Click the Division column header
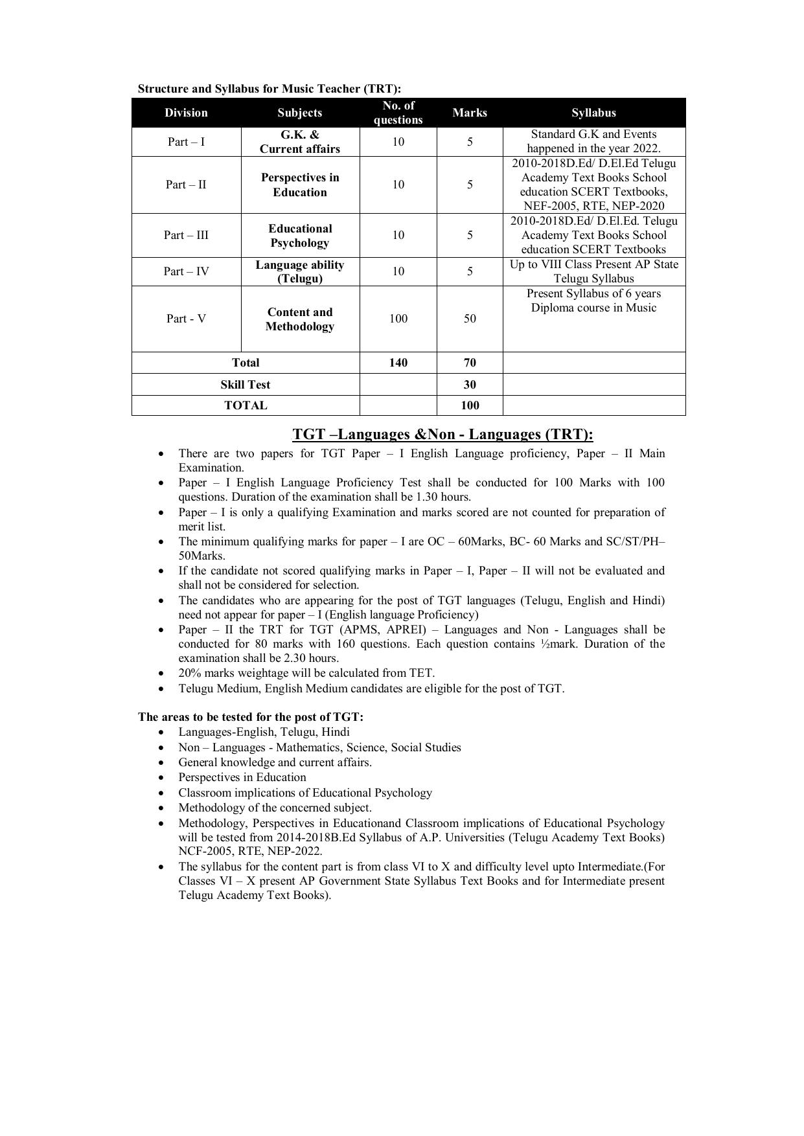[x=186, y=113]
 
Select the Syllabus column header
[x=593, y=113]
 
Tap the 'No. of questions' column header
[x=398, y=113]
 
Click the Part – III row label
[x=186, y=235]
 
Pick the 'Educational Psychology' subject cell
[x=300, y=236]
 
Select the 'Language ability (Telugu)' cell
[x=300, y=271]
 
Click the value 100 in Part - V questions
[x=398, y=319]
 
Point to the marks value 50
[x=470, y=319]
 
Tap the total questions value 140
[x=398, y=363]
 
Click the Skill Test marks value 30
[x=470, y=385]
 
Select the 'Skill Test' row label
[x=245, y=385]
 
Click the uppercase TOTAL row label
[x=245, y=405]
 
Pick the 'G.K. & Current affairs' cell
[x=300, y=142]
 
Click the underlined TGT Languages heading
[x=442, y=434]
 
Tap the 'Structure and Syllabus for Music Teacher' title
[x=269, y=89]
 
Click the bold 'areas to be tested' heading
[x=250, y=717]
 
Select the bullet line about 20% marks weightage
[x=306, y=673]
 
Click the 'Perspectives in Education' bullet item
[x=242, y=777]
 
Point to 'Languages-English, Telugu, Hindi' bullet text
[x=264, y=732]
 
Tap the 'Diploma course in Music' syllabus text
[x=593, y=308]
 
